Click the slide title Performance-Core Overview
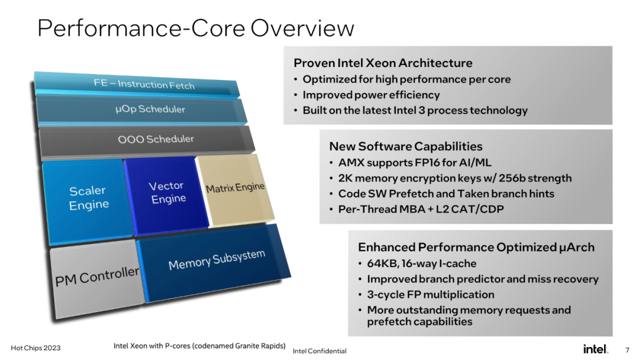196,28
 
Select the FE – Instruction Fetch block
137,85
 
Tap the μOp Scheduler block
141,110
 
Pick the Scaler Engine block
88,201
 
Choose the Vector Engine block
166,195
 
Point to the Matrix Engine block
235,189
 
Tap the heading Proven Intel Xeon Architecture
383,63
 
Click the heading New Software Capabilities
405,146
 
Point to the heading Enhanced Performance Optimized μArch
476,247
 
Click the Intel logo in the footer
595,349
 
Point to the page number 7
627,350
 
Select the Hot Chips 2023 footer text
35,348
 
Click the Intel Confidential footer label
319,351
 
